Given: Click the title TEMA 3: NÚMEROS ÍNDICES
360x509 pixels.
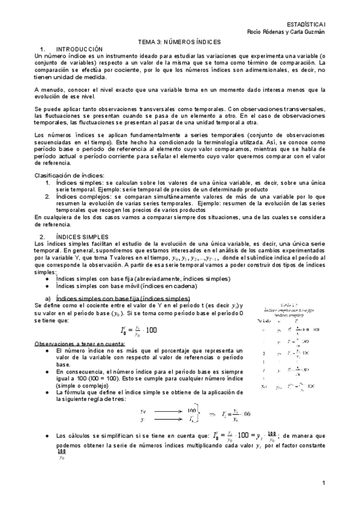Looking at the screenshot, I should pos(180,42).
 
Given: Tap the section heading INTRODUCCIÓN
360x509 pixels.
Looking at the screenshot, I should pos(79,49).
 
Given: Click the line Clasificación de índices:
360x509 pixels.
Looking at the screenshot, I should pos(68,175).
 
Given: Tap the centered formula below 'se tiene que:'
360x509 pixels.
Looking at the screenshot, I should pos(142,330).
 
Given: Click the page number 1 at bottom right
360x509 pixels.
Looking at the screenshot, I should pos(323,483).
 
